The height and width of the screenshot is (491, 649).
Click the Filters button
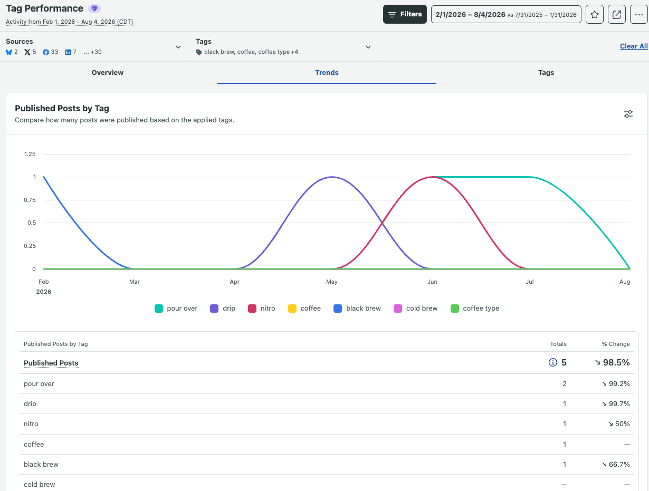point(405,14)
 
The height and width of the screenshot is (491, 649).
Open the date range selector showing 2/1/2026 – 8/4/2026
point(506,14)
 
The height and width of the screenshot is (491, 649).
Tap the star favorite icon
point(594,14)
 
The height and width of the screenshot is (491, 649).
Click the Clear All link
point(634,46)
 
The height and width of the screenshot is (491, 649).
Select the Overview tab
point(107,73)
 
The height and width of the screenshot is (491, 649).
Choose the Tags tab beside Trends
point(546,73)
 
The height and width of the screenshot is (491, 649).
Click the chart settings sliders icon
point(628,114)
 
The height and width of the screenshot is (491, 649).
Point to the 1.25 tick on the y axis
point(30,154)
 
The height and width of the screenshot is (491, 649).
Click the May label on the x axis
point(332,282)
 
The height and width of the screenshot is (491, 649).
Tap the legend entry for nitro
point(261,308)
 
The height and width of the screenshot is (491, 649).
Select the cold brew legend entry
point(415,308)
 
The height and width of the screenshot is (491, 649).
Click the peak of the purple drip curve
point(332,177)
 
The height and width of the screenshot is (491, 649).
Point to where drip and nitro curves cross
point(383,223)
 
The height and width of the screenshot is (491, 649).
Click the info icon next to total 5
point(552,362)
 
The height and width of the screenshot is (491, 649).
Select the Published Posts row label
point(51,363)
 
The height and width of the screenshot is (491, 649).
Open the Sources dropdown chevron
point(178,47)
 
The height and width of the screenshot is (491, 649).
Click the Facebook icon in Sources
point(46,52)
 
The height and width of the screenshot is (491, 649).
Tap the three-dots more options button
point(638,14)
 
